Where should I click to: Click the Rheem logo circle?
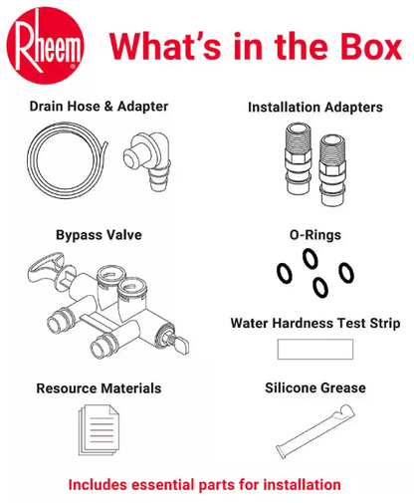coord(45,46)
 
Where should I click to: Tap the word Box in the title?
coord(371,47)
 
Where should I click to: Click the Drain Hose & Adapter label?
coord(99,107)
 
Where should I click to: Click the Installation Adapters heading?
coord(315,108)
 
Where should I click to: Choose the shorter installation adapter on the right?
coord(332,170)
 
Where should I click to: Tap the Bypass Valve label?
coord(99,235)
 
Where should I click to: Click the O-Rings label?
coord(315,235)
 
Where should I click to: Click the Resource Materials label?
coord(99,388)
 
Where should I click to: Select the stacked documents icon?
coord(99,429)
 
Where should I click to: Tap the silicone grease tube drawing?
coord(315,431)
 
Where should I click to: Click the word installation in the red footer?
coord(303,485)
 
